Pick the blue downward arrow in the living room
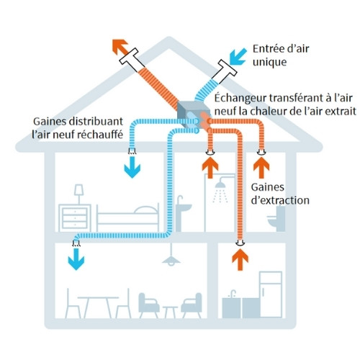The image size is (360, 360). tap(75, 261)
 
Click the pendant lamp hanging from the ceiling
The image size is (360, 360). tap(171, 258)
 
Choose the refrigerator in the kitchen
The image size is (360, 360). tap(271, 294)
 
